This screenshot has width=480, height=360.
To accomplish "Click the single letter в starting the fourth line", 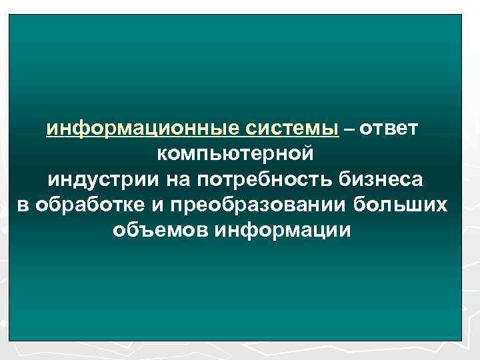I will coord(22,205).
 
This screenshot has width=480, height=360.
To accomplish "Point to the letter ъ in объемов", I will coord(129,231).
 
